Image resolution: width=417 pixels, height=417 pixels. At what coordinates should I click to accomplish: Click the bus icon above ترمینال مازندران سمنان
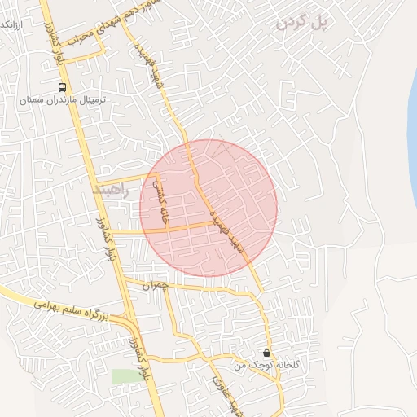62,87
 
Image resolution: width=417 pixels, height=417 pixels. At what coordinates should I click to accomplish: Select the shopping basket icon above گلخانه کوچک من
268,353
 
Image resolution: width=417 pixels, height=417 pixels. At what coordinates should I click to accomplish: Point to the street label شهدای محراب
81,33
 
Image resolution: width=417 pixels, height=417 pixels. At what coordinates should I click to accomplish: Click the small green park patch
125,376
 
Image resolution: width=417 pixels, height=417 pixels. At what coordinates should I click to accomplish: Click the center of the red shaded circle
208,208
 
